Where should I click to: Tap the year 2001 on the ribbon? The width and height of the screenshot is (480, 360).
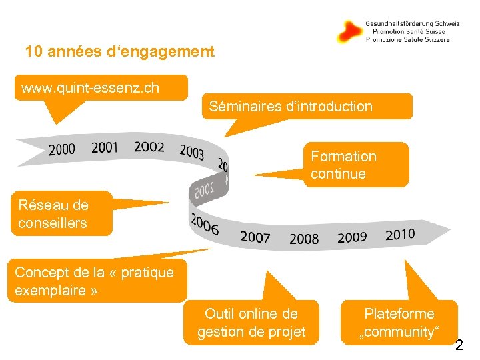click(x=105, y=147)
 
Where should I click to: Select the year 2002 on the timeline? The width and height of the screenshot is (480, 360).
click(x=149, y=147)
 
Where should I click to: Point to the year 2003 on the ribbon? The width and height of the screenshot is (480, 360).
click(x=192, y=152)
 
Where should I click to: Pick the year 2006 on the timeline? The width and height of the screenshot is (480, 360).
click(x=205, y=225)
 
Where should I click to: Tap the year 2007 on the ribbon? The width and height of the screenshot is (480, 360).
click(x=255, y=237)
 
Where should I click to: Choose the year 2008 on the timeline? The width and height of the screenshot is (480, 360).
click(x=304, y=239)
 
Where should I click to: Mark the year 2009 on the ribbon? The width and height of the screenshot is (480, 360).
click(x=352, y=237)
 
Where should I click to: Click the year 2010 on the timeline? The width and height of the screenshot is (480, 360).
click(x=400, y=234)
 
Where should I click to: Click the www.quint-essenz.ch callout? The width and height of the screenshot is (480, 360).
click(x=101, y=87)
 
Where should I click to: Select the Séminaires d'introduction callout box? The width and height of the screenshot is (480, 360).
click(x=307, y=106)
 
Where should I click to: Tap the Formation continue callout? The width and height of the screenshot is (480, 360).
click(x=355, y=165)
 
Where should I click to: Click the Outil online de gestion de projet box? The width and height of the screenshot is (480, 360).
click(x=251, y=323)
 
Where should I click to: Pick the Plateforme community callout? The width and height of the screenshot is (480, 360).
click(x=399, y=323)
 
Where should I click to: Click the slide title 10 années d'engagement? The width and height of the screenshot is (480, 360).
click(x=120, y=51)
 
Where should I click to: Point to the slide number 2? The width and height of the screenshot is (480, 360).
click(x=459, y=345)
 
